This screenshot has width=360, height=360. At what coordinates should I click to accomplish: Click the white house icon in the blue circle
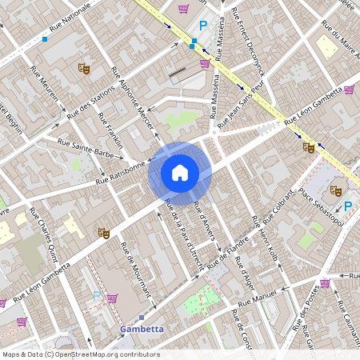tap(180, 172)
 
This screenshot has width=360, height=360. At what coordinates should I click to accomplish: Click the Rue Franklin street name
tap(110, 129)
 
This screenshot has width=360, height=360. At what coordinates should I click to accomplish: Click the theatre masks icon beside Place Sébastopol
tap(336, 191)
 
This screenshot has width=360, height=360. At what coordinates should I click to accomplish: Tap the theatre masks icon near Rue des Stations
tap(83, 69)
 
